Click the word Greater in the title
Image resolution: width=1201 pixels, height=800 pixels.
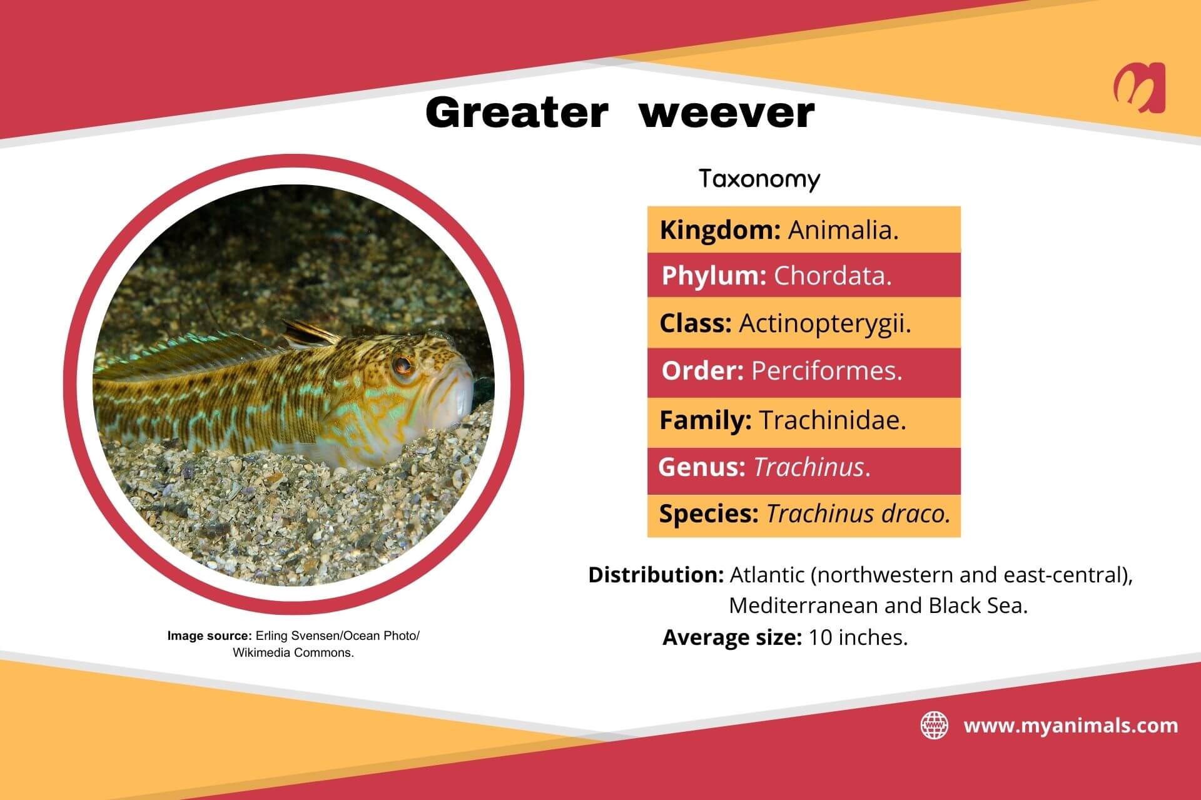click(x=516, y=113)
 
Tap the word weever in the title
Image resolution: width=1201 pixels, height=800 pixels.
click(x=726, y=113)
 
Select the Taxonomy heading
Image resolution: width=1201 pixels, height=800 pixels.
click(x=759, y=179)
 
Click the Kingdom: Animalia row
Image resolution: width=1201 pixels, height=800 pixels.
click(x=803, y=230)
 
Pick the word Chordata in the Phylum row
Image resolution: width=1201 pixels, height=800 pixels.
click(x=833, y=276)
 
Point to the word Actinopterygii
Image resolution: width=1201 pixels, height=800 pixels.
click(x=824, y=323)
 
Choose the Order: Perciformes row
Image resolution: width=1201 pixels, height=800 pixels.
click(x=803, y=371)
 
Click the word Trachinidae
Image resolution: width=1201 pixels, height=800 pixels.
click(x=833, y=420)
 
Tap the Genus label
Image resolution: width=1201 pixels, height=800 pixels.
click(x=701, y=467)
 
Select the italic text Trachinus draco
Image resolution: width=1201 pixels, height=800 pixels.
click(x=858, y=514)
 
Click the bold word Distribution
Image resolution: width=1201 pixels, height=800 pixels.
click(x=656, y=574)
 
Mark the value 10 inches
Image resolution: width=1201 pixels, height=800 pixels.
click(x=858, y=637)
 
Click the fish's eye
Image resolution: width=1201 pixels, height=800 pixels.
click(x=401, y=365)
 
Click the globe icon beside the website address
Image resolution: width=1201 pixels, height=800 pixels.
click(x=934, y=726)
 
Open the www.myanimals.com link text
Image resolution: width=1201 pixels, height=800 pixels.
click(x=1070, y=726)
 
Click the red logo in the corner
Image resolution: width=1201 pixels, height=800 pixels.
click(x=1139, y=88)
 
